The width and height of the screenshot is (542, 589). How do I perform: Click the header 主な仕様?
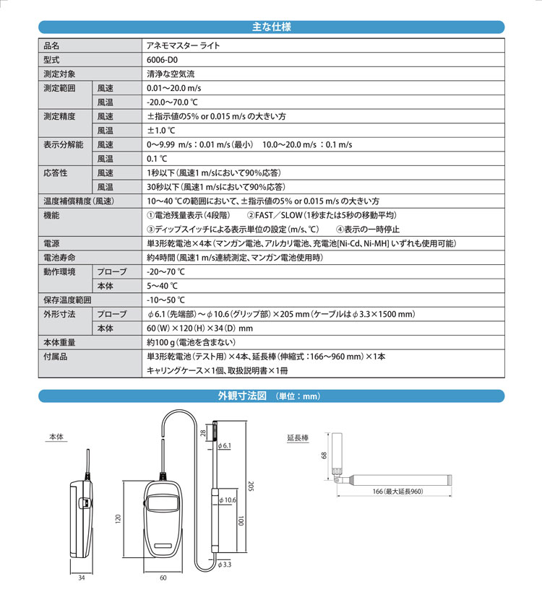coord(271,27)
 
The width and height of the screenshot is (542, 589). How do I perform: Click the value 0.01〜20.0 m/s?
coord(173,88)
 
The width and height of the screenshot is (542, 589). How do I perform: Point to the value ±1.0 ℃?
coord(160,130)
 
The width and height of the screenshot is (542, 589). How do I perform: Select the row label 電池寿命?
coord(60,258)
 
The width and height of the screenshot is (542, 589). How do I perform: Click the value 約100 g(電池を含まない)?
coord(192,341)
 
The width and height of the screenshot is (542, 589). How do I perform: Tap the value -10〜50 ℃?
coord(165,300)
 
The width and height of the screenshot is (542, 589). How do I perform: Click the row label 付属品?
coord(55,356)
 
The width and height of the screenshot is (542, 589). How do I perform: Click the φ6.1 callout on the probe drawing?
coord(224,446)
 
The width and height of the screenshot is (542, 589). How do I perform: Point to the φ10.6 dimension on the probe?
coord(229,499)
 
